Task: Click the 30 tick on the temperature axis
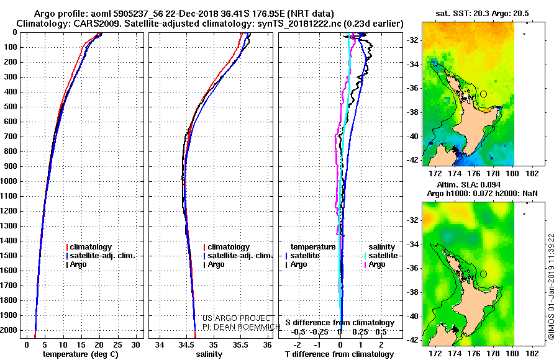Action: (x=135, y=345)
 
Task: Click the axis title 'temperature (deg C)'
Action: (x=81, y=354)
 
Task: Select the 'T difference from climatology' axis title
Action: (x=339, y=354)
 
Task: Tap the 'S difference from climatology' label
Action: (x=340, y=323)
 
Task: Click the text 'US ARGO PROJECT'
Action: (x=237, y=318)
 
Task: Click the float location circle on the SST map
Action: (x=483, y=94)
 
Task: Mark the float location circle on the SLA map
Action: (x=483, y=274)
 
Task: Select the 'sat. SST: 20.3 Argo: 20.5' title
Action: (x=482, y=14)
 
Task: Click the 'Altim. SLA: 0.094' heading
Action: (x=468, y=184)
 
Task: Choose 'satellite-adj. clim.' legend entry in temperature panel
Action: (x=101, y=256)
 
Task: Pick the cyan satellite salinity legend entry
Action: (x=381, y=256)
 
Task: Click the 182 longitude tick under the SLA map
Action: (x=532, y=354)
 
